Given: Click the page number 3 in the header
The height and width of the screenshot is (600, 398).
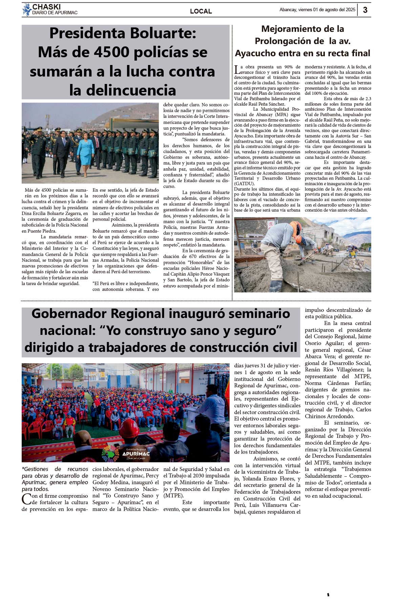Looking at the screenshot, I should (365, 10).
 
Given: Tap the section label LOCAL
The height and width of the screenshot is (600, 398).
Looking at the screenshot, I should (201, 11).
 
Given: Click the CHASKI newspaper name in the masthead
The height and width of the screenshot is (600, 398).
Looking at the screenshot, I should (46, 7).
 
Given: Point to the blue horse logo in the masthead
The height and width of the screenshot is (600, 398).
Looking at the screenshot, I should (27, 10).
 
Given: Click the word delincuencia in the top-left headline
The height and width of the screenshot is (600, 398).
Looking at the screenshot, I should (123, 90).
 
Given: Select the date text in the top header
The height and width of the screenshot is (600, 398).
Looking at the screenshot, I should (317, 10).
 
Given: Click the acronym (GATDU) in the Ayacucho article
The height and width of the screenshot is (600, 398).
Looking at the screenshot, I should (244, 184).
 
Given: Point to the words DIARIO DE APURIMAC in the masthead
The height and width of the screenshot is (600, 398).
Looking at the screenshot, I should (55, 13).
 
